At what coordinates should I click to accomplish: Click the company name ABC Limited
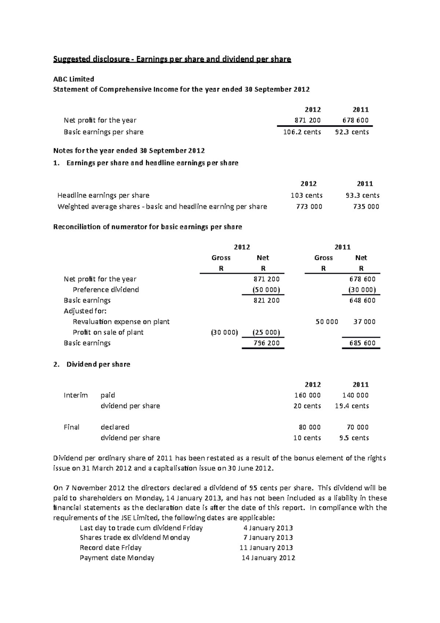coord(74,79)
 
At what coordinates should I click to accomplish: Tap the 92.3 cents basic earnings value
coord(352,132)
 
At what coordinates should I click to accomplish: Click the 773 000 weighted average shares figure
coord(309,207)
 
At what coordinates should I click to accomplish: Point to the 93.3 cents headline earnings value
coord(362,196)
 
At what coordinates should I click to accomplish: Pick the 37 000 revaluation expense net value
coord(364,322)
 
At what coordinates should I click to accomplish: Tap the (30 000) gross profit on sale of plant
coord(224,332)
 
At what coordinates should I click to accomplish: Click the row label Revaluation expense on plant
coord(121,322)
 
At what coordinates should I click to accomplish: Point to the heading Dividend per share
coord(98,364)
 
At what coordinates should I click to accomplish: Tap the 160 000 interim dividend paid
coord(307,396)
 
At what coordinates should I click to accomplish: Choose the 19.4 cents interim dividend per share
coord(352,406)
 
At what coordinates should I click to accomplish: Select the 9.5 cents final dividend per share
coord(354,438)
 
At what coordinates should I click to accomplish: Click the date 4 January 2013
coord(268,528)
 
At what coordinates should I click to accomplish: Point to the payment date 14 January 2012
coord(268,558)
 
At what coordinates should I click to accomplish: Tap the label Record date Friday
coord(110,548)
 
